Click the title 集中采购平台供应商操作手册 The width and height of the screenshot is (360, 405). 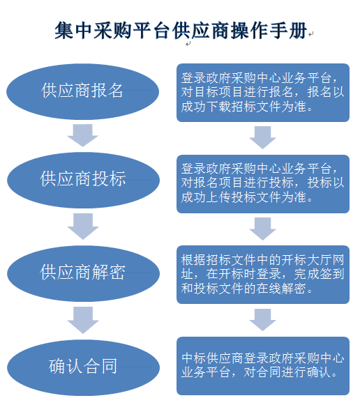coord(181,31)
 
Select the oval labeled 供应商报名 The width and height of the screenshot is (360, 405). coord(83,92)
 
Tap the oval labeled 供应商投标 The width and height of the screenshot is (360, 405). coord(83,180)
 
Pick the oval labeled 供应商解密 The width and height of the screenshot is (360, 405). coord(83,273)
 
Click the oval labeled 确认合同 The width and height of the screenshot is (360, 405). coord(83,367)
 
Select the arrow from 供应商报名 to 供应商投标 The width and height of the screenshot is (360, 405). coord(83,135)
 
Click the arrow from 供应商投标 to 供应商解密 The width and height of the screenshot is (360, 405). coord(83,227)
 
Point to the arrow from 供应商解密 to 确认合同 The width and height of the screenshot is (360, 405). coord(83,320)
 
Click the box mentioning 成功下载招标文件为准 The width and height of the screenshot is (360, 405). coord(263,93)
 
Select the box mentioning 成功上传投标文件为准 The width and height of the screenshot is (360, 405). coord(263,184)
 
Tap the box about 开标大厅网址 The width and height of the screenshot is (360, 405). coord(263,275)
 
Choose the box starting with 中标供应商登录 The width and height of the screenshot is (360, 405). coord(263,366)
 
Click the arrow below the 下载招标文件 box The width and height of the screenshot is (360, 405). coord(262,137)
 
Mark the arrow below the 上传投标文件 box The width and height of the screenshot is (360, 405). coord(262,229)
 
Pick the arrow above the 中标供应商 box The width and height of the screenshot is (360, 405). coord(262,320)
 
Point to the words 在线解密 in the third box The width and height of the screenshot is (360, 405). coord(281,289)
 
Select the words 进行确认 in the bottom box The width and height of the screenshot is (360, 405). coord(306,372)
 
